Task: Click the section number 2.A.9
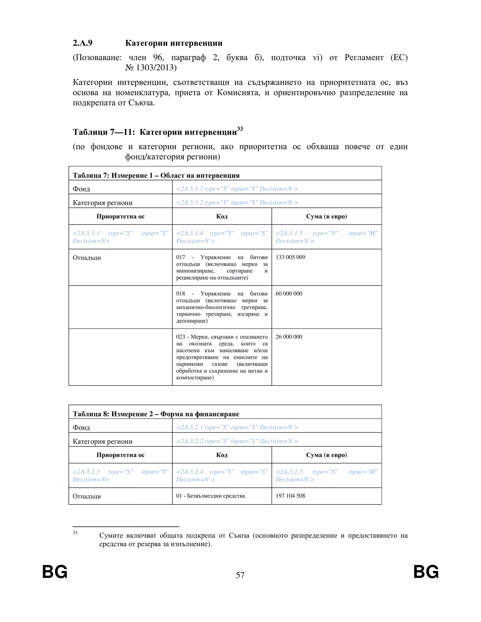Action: coord(83,43)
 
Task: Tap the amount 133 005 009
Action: coord(290,257)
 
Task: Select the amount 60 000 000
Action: coord(289,294)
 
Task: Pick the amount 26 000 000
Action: coord(289,337)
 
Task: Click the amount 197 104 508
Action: coord(290,495)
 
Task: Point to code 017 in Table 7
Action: coord(180,257)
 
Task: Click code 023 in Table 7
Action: coord(180,337)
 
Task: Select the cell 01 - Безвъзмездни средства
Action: coord(210,496)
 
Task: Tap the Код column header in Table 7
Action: coord(222,216)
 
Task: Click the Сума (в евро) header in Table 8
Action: coord(326,455)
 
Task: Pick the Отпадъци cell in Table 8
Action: coord(87,496)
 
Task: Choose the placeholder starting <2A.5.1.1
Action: coord(237,189)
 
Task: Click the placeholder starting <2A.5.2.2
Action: coord(237,441)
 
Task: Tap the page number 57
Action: coord(240,575)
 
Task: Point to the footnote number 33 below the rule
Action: coord(75,533)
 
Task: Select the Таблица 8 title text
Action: coord(156,414)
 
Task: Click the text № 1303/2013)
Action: coord(151,68)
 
